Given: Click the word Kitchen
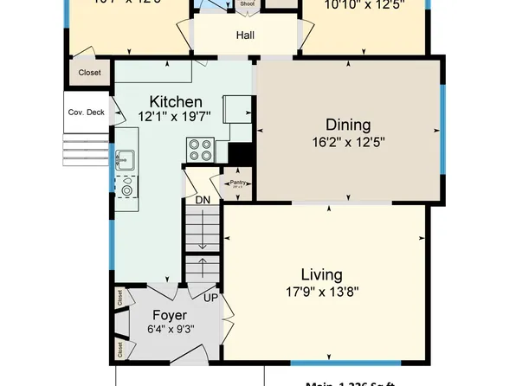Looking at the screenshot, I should pyautogui.click(x=176, y=101).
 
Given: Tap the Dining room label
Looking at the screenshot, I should pyautogui.click(x=348, y=125).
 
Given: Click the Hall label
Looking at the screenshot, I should pyautogui.click(x=245, y=36).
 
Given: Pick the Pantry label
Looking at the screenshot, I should pyautogui.click(x=238, y=183).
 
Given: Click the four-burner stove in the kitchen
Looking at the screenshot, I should pyautogui.click(x=200, y=151).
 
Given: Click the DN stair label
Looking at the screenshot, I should pyautogui.click(x=203, y=200).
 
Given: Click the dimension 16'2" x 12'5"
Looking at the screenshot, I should pyautogui.click(x=347, y=142).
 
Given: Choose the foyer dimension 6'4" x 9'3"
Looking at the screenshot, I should pyautogui.click(x=170, y=330).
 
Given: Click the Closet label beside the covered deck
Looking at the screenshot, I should pyautogui.click(x=89, y=74).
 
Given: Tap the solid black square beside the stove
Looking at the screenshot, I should pyautogui.click(x=239, y=153).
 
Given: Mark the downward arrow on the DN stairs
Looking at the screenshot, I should pyautogui.click(x=203, y=235).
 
